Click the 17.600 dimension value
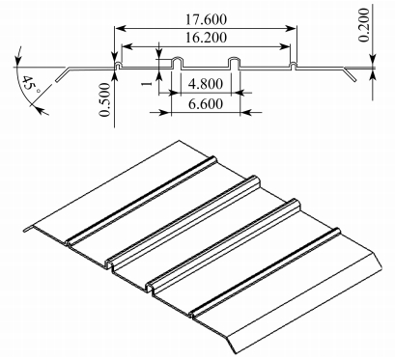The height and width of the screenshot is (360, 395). pyautogui.click(x=206, y=19)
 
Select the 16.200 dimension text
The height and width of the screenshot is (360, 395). pyautogui.click(x=206, y=38)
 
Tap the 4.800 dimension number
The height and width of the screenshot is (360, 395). pyautogui.click(x=206, y=84)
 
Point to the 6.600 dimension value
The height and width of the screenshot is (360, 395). pyautogui.click(x=206, y=103)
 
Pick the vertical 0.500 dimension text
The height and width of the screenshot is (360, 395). pyautogui.click(x=104, y=99)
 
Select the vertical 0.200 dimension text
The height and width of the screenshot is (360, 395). pyautogui.click(x=364, y=25)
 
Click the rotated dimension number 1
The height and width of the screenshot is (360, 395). pyautogui.click(x=147, y=84)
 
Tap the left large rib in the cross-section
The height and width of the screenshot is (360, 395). pyautogui.click(x=177, y=63)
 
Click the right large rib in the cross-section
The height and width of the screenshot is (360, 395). pyautogui.click(x=235, y=63)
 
